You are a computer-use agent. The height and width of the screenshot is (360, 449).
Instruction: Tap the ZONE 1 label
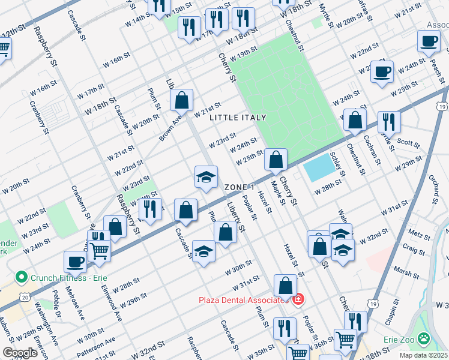click(244, 187)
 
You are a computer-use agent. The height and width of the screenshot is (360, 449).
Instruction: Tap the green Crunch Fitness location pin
click(22, 277)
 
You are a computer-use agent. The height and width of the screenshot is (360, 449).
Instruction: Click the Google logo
click(20, 353)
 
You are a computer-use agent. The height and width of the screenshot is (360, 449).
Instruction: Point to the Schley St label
click(338, 165)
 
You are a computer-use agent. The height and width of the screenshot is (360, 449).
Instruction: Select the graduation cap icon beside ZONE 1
click(205, 177)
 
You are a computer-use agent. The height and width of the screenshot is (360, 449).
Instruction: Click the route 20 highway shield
click(24, 297)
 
